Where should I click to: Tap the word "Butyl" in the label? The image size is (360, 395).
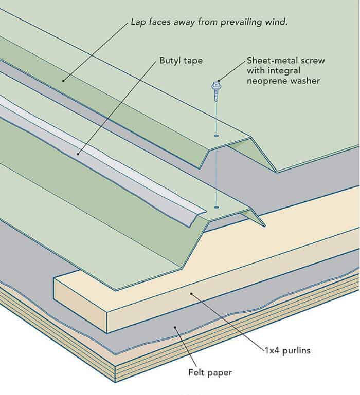coord(170,61)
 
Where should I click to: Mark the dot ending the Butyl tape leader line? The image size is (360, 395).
coord(78,153)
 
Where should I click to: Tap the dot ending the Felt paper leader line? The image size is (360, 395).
coord(176,326)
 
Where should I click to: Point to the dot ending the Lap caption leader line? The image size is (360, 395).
coord(63,80)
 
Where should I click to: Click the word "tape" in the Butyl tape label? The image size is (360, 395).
coord(193,61)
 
